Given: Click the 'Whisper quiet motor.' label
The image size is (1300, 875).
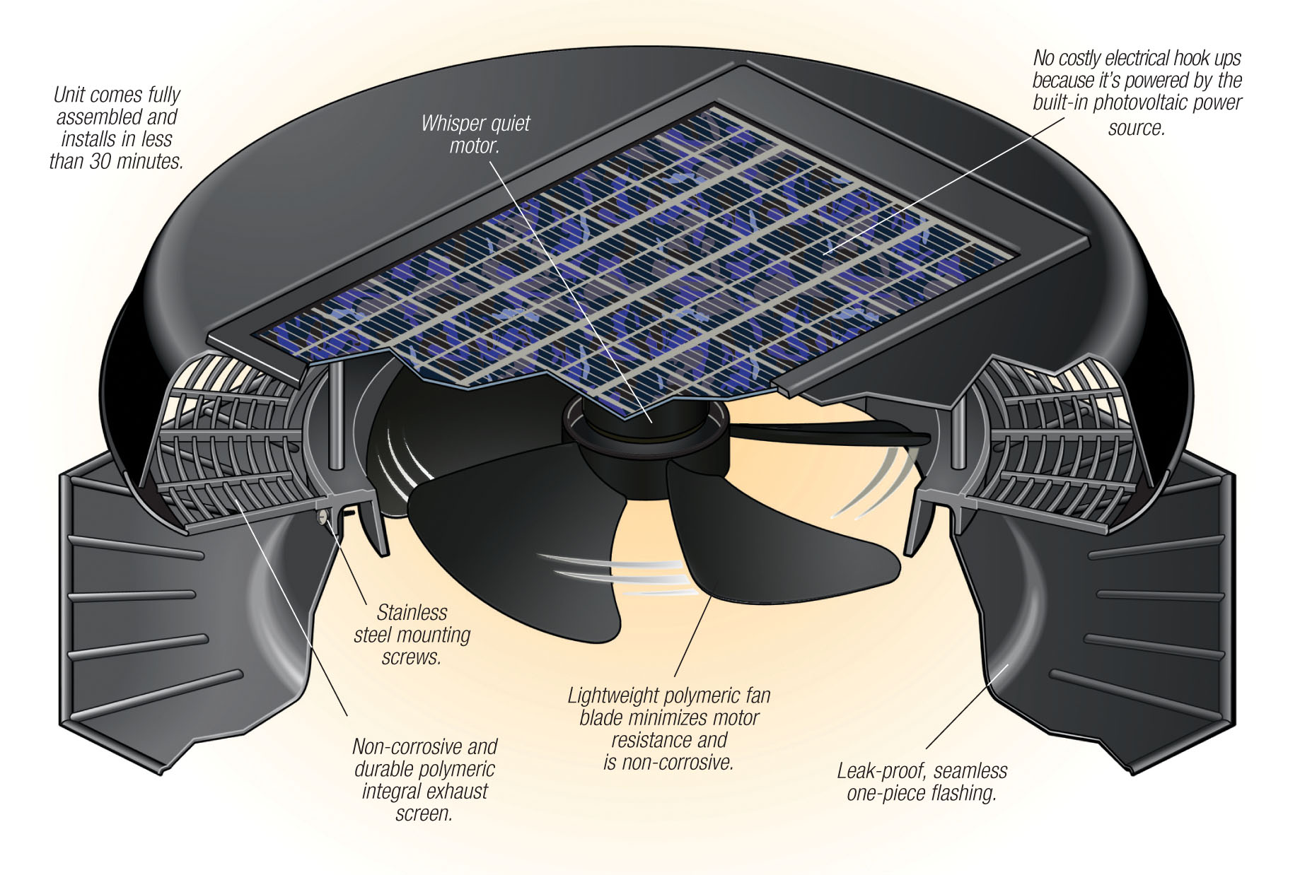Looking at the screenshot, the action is tap(475, 134).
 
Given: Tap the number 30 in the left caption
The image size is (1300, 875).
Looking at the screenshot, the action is tap(100, 161).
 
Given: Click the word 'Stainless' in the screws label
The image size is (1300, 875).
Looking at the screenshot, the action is tap(412, 612).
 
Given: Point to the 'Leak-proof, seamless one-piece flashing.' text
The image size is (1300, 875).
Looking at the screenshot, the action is tap(922, 782).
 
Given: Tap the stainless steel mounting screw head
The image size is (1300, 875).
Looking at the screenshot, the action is tap(323, 517).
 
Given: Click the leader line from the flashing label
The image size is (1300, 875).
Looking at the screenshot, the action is tap(967, 706).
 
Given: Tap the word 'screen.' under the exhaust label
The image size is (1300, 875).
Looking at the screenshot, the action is tap(424, 814).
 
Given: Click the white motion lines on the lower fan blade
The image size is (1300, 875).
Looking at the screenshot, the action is tap(613, 574).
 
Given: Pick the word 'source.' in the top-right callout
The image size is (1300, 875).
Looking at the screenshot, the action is tap(1136, 128).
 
